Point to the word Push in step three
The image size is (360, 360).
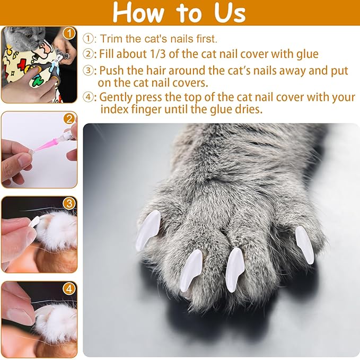click(x=111, y=71)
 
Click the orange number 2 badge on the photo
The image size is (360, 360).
click(x=69, y=119)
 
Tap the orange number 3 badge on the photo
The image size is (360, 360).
click(x=69, y=204)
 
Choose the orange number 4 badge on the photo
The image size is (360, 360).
click(x=69, y=289)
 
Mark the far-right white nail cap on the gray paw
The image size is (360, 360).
click(x=305, y=244)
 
